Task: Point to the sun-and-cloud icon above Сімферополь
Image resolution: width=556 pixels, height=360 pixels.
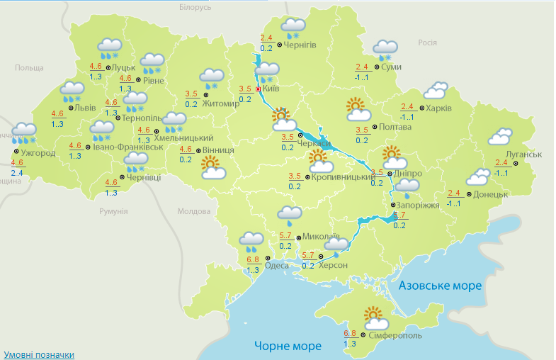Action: tap(376, 317)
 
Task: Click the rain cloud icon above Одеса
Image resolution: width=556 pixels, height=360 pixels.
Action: tap(250, 242)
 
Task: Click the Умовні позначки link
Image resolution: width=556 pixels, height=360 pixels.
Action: tap(39, 354)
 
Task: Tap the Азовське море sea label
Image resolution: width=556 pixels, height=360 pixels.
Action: tap(440, 285)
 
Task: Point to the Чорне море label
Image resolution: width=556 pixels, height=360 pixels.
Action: tap(288, 346)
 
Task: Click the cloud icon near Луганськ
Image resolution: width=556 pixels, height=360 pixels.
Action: tap(500, 136)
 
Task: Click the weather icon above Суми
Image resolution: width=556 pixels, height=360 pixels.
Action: tap(385, 50)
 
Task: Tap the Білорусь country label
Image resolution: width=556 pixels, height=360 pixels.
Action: tap(195, 7)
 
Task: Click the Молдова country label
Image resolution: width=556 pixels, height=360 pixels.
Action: tap(195, 211)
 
